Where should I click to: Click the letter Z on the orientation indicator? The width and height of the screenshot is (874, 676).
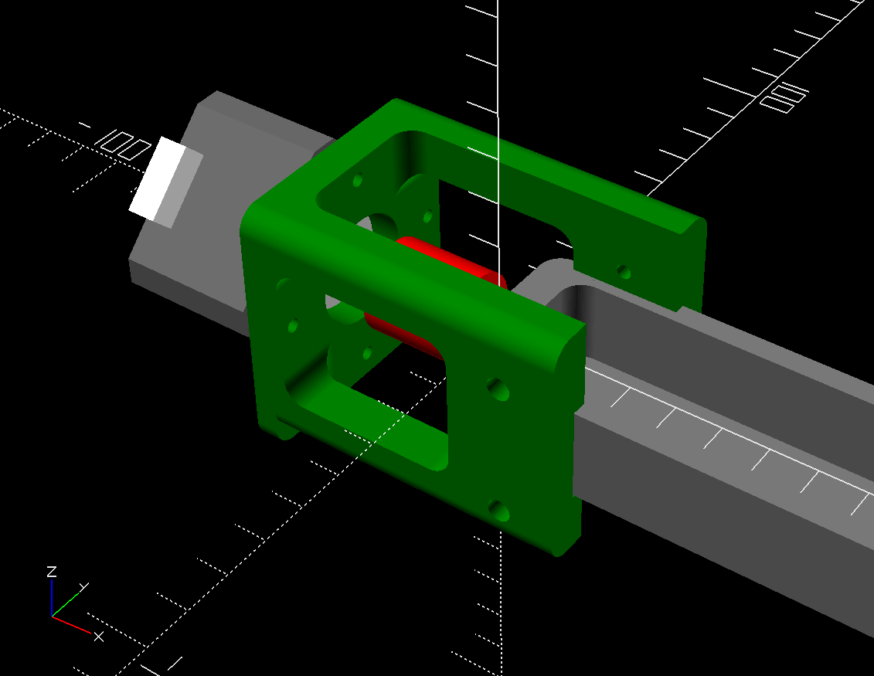52,572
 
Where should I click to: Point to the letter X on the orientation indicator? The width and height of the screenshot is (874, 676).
98,637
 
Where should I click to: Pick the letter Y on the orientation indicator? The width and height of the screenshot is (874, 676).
83,587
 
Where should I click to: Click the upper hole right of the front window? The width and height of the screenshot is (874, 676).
498,389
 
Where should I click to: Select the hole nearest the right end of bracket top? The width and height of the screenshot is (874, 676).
624,272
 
